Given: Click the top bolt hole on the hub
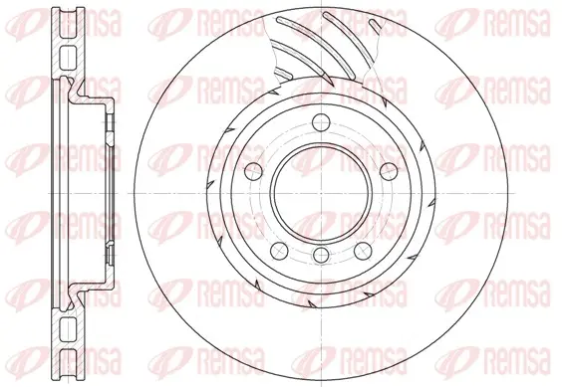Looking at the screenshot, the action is [x=321, y=122].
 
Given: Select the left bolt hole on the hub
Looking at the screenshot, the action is [x=254, y=171].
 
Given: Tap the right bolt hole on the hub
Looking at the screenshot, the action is [x=389, y=171].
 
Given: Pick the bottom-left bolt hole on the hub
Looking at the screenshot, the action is [x=280, y=251].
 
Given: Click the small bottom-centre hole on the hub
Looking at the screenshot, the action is [x=321, y=255].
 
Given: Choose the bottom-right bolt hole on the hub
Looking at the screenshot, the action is [x=363, y=251].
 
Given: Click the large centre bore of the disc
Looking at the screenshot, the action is [x=321, y=193].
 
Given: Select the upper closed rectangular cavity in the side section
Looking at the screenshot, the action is [x=67, y=58].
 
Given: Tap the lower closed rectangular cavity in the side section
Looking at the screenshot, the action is [x=67, y=329].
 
